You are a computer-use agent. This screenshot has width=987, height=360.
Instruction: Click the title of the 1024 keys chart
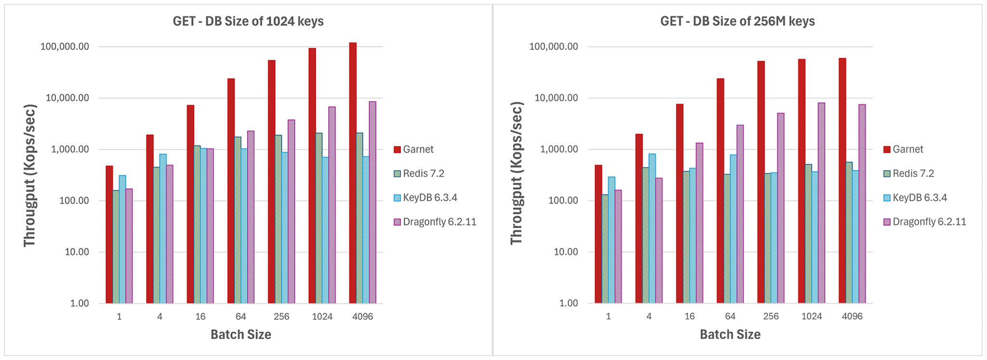click(x=248, y=22)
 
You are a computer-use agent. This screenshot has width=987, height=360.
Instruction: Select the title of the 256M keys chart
click(x=737, y=22)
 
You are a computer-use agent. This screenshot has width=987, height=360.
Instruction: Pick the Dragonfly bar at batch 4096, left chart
click(x=373, y=202)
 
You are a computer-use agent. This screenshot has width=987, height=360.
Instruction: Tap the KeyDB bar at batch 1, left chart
click(x=122, y=239)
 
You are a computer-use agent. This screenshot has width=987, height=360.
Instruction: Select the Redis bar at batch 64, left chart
click(x=238, y=220)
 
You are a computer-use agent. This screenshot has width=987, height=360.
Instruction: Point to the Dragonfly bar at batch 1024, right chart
click(x=821, y=202)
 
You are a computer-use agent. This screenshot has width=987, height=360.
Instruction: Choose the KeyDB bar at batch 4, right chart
click(x=652, y=228)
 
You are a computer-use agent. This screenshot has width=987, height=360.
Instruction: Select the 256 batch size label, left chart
click(x=281, y=317)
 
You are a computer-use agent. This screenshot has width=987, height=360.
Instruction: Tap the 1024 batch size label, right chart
click(x=812, y=317)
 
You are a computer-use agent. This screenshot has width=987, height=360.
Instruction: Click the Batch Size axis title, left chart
click(x=241, y=334)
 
